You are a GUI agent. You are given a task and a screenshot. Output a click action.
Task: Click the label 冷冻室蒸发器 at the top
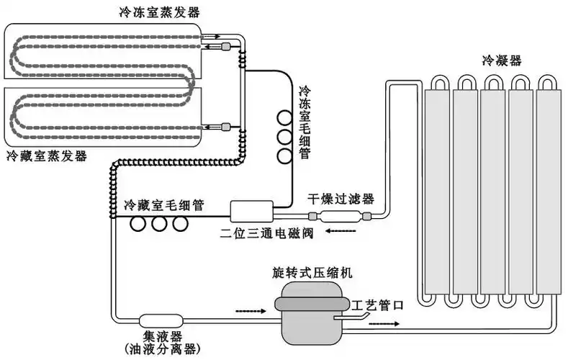(160, 12)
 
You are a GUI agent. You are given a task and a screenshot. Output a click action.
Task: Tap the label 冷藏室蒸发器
(46, 156)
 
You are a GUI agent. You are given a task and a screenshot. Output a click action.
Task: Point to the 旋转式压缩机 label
(312, 274)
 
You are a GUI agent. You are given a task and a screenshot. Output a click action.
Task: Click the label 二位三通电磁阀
(261, 232)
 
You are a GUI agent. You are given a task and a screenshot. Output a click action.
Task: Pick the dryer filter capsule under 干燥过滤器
(340, 216)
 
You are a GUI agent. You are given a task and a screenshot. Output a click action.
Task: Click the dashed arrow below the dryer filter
(341, 232)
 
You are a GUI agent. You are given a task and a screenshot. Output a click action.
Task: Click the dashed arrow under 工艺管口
(383, 323)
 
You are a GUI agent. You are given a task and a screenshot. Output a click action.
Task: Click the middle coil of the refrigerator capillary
(158, 225)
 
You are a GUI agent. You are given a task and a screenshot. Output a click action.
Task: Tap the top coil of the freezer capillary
(285, 118)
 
